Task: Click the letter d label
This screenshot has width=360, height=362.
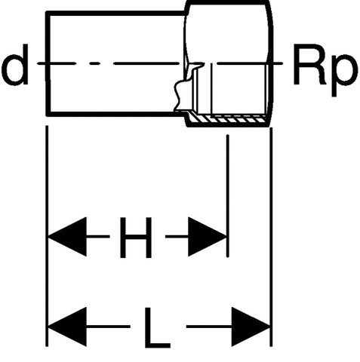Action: pyautogui.click(x=15, y=65)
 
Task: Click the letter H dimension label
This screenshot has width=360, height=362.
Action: pyautogui.click(x=136, y=238)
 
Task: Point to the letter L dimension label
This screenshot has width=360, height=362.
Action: pyautogui.click(x=157, y=327)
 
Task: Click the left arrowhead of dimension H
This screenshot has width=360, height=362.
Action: pyautogui.click(x=67, y=237)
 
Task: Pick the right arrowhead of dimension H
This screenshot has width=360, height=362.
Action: pyautogui.click(x=208, y=237)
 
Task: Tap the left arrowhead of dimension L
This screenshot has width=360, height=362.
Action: pyautogui.click(x=67, y=327)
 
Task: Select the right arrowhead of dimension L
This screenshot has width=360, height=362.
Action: pyautogui.click(x=251, y=327)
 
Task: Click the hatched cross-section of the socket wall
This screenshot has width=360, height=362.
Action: pyautogui.click(x=229, y=119)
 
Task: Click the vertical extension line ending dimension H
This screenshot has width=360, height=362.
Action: pyautogui.click(x=228, y=196)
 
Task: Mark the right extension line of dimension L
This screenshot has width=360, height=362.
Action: pyautogui.click(x=271, y=237)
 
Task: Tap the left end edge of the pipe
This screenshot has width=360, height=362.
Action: pyautogui.click(x=48, y=64)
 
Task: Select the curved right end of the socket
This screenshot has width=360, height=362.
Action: pyautogui.click(x=271, y=63)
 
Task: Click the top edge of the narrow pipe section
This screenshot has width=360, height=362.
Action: pyautogui.click(x=115, y=14)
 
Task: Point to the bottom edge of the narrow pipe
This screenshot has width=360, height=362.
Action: pyautogui.click(x=115, y=115)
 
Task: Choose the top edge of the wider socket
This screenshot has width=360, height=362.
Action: pyautogui.click(x=228, y=2)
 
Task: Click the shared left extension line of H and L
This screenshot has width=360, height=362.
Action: pyautogui.click(x=47, y=236)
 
